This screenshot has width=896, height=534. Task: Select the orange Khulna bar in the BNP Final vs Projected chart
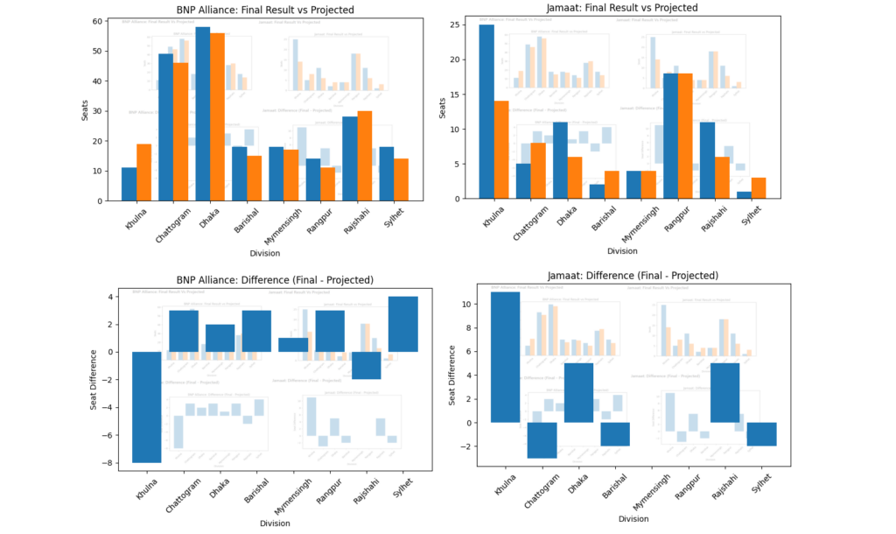point(143,172)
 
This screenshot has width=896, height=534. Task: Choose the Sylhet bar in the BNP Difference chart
point(403,324)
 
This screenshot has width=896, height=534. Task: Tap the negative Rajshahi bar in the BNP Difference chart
point(367,365)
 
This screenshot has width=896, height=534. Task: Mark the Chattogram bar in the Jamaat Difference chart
point(542,440)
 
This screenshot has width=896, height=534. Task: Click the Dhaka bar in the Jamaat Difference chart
point(578,392)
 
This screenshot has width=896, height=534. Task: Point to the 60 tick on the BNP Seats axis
point(97,21)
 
